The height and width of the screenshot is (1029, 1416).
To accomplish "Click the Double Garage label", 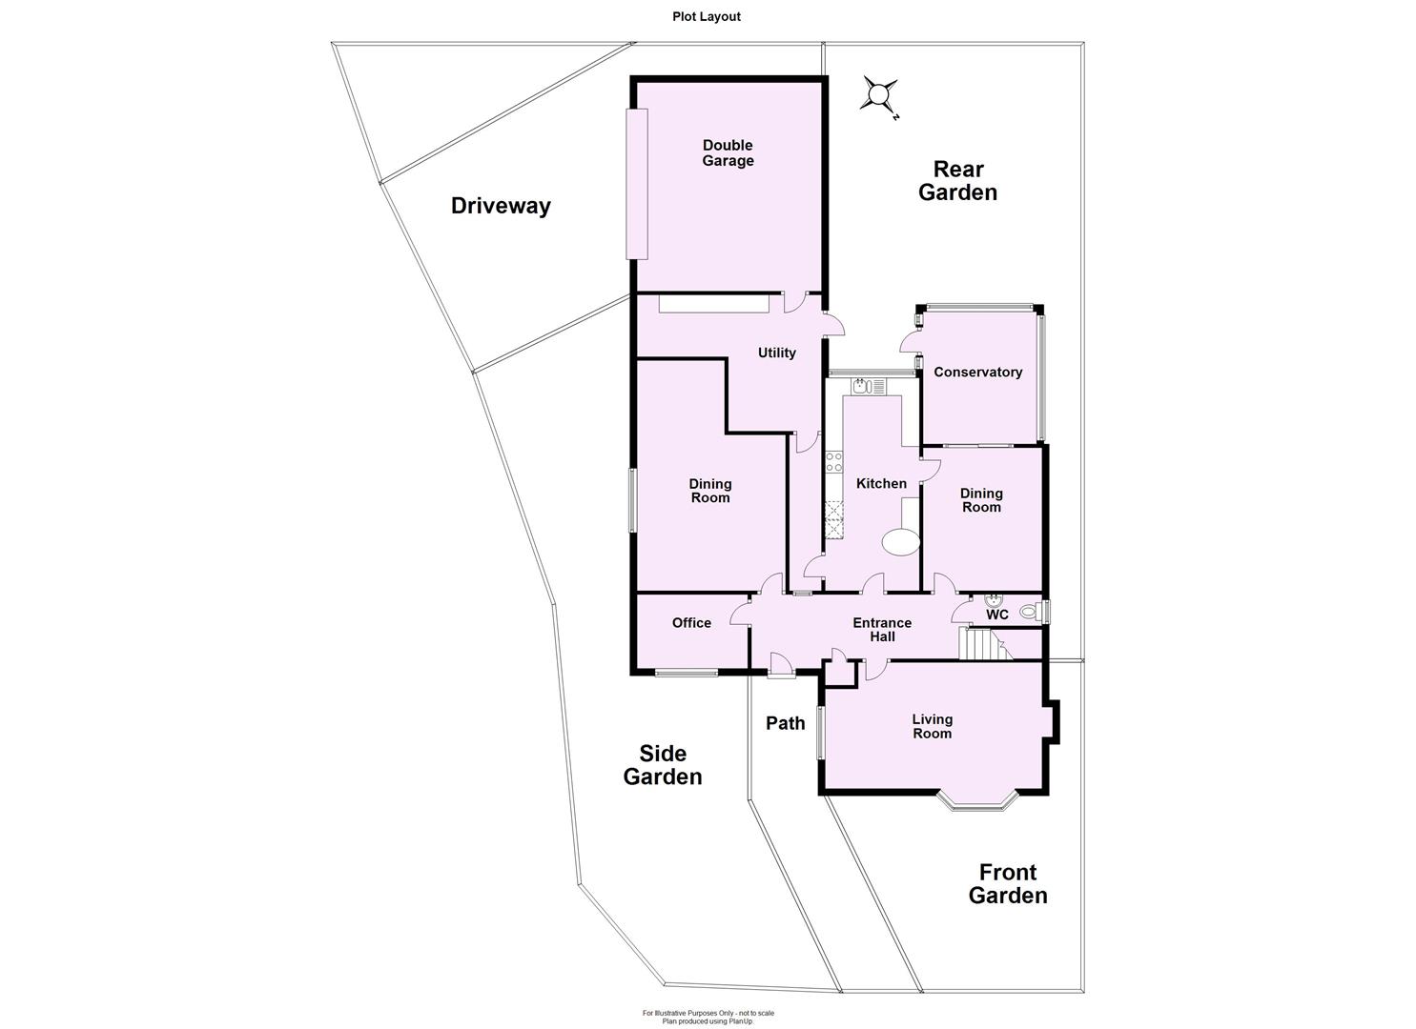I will coord(728,152).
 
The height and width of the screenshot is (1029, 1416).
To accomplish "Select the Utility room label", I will coord(776,353).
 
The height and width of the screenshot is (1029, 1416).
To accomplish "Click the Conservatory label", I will coord(977,372).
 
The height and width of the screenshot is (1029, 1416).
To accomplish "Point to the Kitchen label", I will coord(881,483).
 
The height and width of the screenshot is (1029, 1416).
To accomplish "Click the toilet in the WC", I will coord(1030,612).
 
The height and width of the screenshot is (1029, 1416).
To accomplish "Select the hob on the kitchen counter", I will coord(834,463).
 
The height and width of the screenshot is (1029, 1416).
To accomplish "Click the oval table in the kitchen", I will coord(900,543).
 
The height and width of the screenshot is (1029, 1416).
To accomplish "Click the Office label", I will coord(691,622).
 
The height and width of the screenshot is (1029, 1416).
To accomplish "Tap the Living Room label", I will coord(932,726).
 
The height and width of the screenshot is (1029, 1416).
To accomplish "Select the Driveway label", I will coord(501,205).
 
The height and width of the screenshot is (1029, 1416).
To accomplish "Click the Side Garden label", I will coord(663,765).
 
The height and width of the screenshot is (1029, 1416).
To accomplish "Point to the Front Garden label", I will coord(1008,883).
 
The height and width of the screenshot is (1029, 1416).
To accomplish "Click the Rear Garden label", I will coord(957,180).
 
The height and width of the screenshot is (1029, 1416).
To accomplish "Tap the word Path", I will coord(786,723).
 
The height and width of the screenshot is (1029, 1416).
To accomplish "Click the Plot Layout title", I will coord(706,16).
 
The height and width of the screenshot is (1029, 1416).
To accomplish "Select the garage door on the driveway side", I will coord(636,183).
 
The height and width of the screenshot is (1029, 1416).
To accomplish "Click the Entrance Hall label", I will coord(882,629).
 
